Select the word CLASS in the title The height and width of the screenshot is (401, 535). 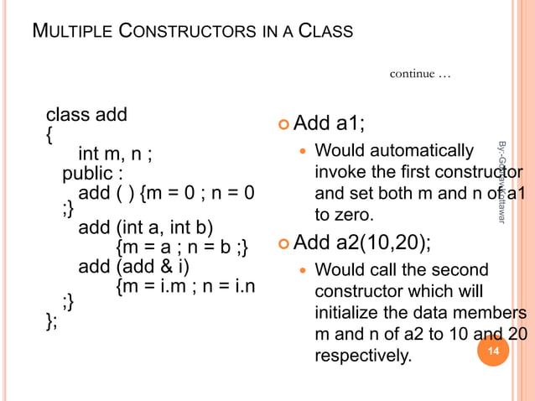tap(323, 33)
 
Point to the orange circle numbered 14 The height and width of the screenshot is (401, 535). tap(493, 352)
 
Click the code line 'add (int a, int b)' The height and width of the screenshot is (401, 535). tap(146, 227)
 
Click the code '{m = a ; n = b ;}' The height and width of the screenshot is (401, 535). tap(182, 247)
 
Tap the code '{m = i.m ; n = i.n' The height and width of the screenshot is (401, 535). tap(185, 288)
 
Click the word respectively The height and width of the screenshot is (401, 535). tap(363, 357)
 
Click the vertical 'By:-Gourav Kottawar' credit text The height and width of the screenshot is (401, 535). tap(502, 181)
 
